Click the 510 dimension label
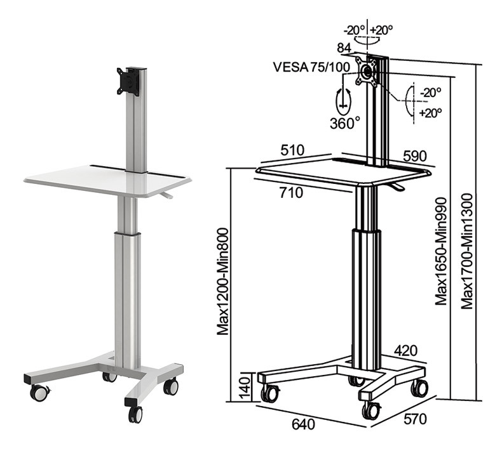point(292,150)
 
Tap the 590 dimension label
point(414,156)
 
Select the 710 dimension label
point(291,192)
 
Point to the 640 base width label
point(303,424)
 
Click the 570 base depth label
point(415,419)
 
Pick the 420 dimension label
point(405,351)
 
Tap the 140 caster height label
point(245,388)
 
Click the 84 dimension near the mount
point(344,48)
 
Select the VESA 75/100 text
point(311,67)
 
